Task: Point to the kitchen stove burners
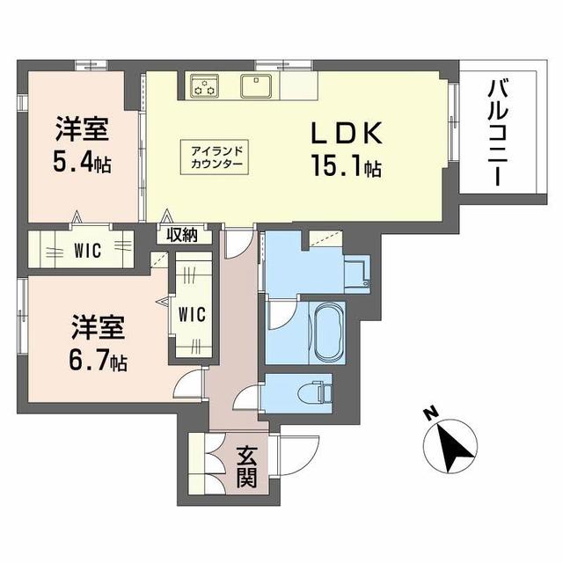click(206, 86)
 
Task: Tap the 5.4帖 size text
click(85, 164)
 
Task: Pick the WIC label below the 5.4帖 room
click(87, 250)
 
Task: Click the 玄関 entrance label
click(246, 467)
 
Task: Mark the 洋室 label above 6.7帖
click(98, 327)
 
